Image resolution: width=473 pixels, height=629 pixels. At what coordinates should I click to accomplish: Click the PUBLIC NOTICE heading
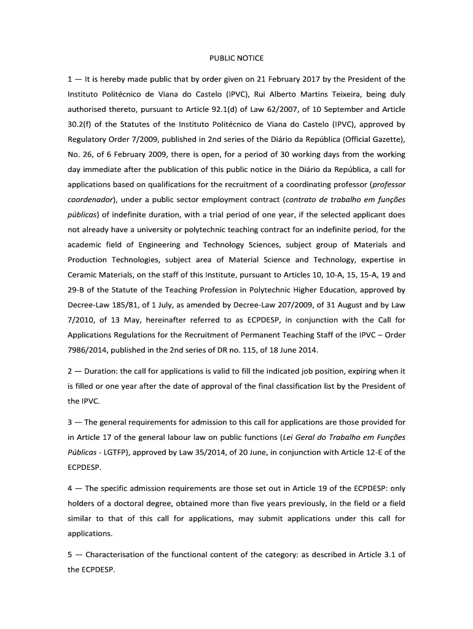237,58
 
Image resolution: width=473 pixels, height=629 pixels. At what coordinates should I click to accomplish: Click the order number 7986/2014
90,350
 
